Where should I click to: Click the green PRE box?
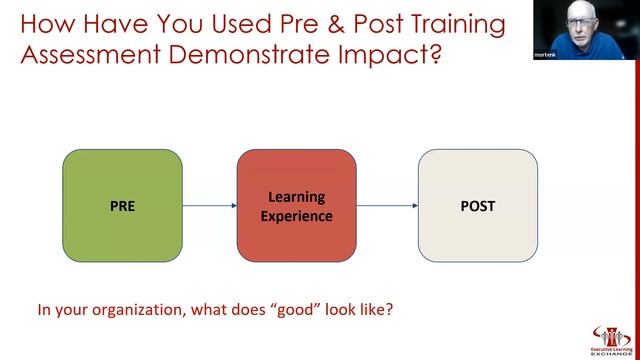pyautogui.click(x=122, y=206)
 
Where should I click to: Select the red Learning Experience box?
pyautogui.click(x=296, y=206)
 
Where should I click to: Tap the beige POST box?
pyautogui.click(x=477, y=206)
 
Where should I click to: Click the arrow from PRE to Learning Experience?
pyautogui.click(x=209, y=207)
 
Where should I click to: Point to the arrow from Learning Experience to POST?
pyautogui.click(x=387, y=207)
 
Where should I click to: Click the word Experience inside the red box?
pyautogui.click(x=296, y=215)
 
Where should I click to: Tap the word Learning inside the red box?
pyautogui.click(x=296, y=197)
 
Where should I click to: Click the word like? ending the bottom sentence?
pyautogui.click(x=376, y=309)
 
